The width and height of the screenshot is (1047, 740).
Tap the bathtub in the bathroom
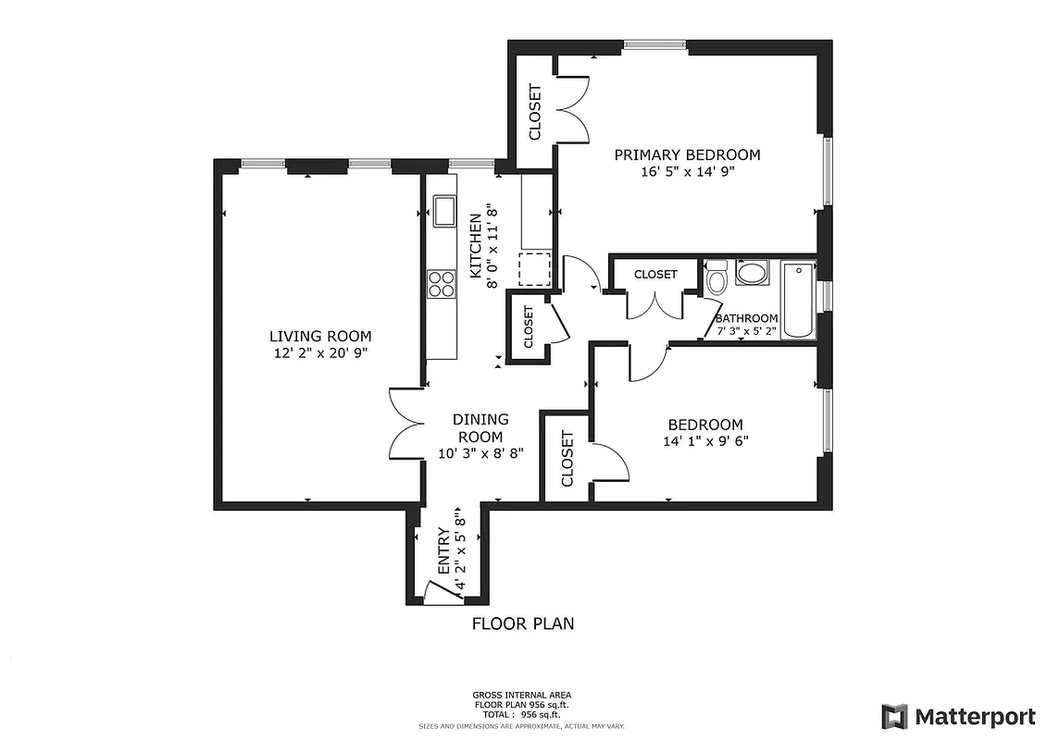point(797,301)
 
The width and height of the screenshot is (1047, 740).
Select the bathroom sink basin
point(752,273)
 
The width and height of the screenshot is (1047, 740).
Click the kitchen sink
point(443,211)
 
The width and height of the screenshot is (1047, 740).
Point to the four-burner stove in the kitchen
point(442,283)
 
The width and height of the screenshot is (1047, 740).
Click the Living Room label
point(320,336)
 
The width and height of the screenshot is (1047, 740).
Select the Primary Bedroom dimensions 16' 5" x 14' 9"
point(687,171)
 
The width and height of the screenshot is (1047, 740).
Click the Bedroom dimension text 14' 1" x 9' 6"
point(705,441)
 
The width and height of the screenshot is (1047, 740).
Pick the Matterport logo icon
point(894,717)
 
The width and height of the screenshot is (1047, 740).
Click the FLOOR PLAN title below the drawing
point(523,623)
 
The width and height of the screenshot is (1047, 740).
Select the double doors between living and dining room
point(405,423)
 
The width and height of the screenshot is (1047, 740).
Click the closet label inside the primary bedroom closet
point(534,112)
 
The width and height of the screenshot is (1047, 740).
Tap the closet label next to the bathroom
point(655,275)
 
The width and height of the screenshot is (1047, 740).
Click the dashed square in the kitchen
point(534,269)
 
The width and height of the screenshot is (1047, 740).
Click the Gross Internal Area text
point(522,695)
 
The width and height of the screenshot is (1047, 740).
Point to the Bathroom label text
point(746,318)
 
